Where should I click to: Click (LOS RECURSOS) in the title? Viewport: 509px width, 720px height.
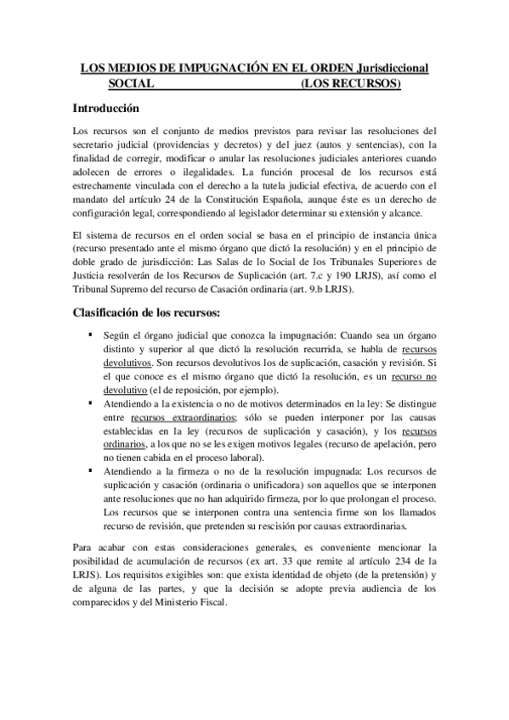coord(350,84)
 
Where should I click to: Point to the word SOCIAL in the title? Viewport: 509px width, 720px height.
coord(131,84)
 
